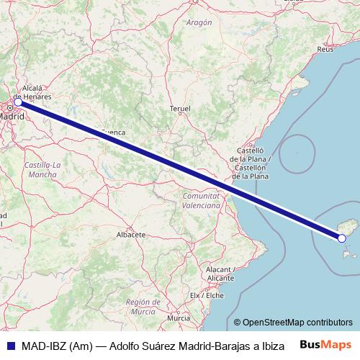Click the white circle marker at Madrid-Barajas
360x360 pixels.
(18, 102)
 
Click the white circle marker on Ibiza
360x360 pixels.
(342, 238)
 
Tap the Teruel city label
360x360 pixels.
(180, 109)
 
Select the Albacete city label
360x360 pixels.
(131, 235)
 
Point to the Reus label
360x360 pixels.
(325, 50)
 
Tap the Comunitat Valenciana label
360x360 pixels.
(201, 200)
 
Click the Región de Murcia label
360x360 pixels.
(142, 307)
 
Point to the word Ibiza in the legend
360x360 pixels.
(270, 345)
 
